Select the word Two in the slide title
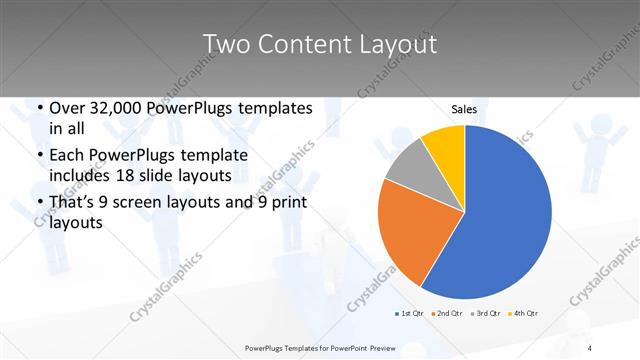[227, 45]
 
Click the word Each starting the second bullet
[70, 156]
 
